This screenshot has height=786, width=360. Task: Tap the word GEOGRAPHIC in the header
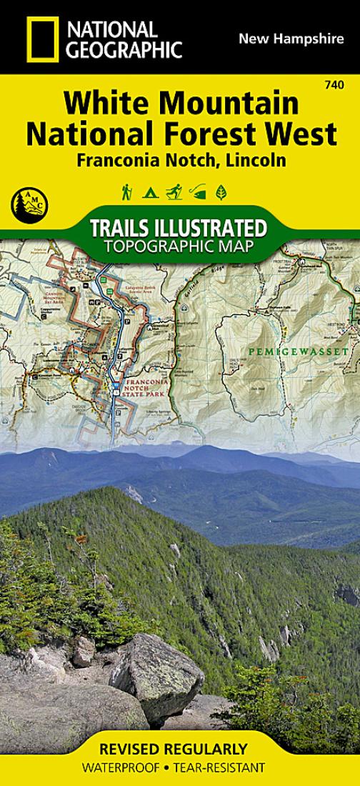126,49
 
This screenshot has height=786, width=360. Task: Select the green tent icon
150,192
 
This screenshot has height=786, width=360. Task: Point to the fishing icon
197,192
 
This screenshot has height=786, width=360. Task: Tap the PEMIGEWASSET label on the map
284,351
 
